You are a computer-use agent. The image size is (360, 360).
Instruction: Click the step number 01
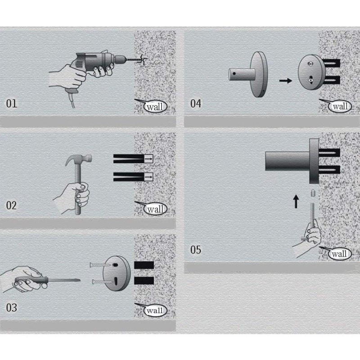[12, 103]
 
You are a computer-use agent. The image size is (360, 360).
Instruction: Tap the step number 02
[12, 206]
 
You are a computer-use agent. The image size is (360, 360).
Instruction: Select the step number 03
[12, 308]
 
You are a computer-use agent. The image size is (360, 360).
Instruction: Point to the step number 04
[196, 103]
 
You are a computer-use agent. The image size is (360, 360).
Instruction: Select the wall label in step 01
[155, 107]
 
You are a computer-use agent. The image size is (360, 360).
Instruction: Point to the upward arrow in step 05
[296, 201]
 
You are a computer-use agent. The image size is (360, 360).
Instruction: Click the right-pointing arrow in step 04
[284, 81]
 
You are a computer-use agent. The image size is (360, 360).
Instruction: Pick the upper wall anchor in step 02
[133, 158]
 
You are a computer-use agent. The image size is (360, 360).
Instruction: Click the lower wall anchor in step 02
[133, 175]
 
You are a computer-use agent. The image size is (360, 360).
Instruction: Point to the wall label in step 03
[155, 310]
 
